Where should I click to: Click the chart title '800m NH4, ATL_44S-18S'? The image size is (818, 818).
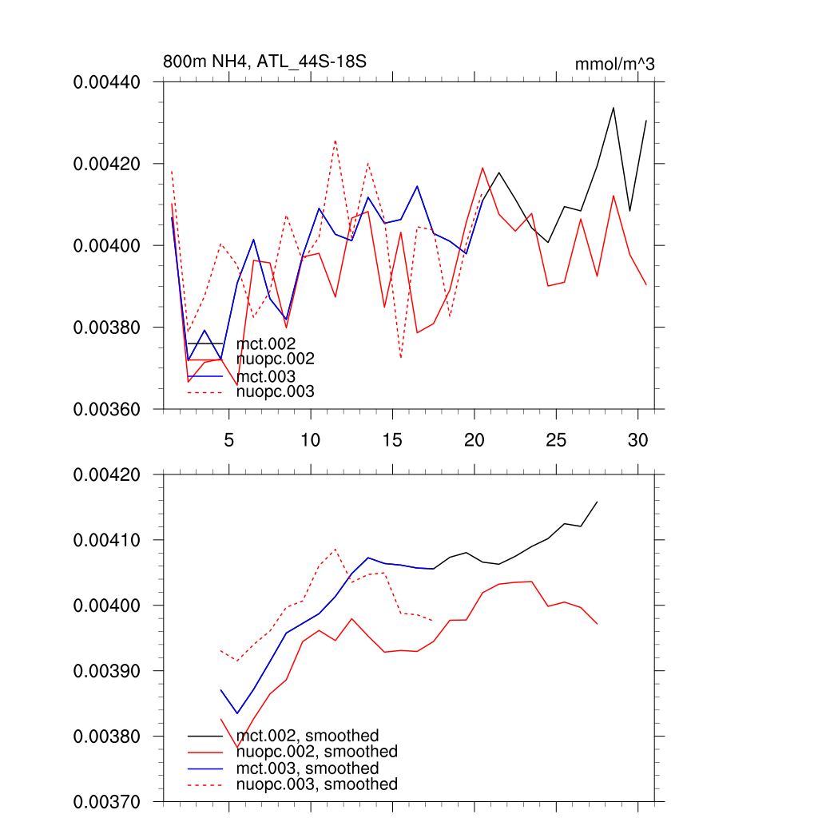pyautogui.click(x=264, y=62)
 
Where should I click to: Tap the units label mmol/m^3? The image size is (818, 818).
pyautogui.click(x=614, y=64)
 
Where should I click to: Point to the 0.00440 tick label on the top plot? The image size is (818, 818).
pyautogui.click(x=107, y=82)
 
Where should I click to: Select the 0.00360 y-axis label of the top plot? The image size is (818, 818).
pyautogui.click(x=107, y=410)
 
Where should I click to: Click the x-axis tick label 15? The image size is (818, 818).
pyautogui.click(x=391, y=440)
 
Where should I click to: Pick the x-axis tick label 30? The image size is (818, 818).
pyautogui.click(x=637, y=440)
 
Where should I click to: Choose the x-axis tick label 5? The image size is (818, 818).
pyautogui.click(x=228, y=440)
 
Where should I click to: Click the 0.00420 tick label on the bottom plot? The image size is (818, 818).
pyautogui.click(x=107, y=475)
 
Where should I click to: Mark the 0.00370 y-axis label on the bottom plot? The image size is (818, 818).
pyautogui.click(x=107, y=801)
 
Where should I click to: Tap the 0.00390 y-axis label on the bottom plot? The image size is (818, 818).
pyautogui.click(x=107, y=671)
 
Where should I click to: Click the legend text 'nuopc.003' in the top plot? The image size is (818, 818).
pyautogui.click(x=275, y=391)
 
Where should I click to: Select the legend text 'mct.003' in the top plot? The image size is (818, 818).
pyautogui.click(x=266, y=376)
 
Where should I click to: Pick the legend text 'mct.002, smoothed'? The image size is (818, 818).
pyautogui.click(x=308, y=736)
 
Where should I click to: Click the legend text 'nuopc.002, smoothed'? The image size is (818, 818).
pyautogui.click(x=316, y=752)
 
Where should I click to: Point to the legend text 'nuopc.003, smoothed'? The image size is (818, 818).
pyautogui.click(x=316, y=784)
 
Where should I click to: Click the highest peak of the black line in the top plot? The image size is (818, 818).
pyautogui.click(x=613, y=107)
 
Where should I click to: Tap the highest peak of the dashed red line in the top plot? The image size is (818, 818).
pyautogui.click(x=335, y=140)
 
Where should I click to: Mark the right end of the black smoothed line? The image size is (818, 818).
pyautogui.click(x=597, y=502)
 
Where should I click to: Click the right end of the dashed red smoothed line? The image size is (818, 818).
pyautogui.click(x=433, y=621)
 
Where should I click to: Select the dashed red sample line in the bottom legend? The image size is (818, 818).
pyautogui.click(x=204, y=784)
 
